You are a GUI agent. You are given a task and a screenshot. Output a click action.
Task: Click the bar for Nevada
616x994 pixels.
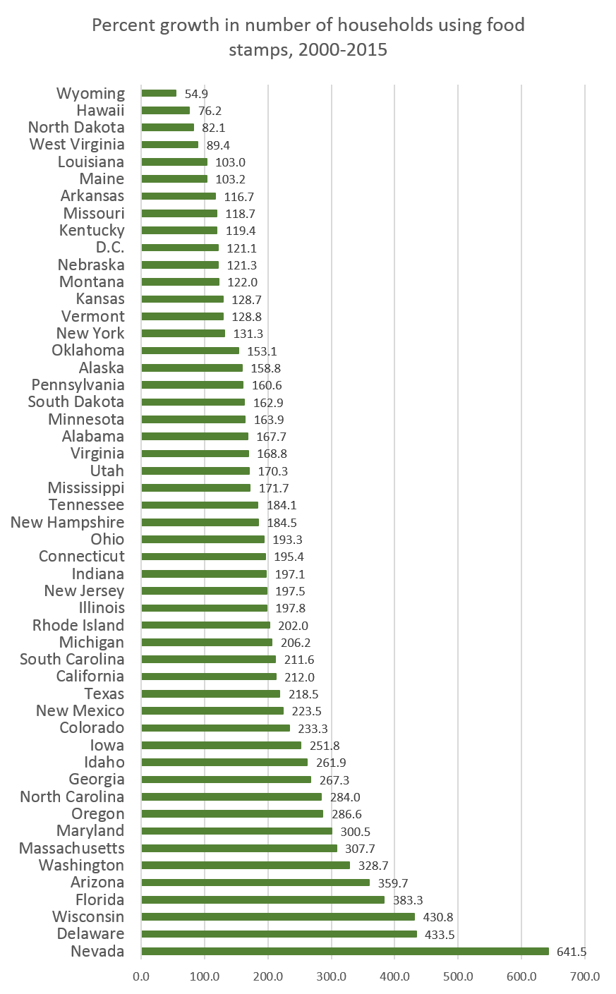coord(345,952)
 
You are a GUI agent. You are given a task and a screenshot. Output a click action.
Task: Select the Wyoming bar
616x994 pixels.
coord(159,93)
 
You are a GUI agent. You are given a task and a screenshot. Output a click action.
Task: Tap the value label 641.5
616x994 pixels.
coord(572,952)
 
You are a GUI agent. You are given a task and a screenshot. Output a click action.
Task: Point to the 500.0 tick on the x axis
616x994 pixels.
coord(458,976)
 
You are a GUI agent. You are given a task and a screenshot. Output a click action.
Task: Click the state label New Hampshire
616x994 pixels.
coord(68,522)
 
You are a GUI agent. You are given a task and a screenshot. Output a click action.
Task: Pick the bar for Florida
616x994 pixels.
coord(263,899)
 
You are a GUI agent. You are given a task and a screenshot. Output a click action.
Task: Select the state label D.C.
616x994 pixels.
coord(110,248)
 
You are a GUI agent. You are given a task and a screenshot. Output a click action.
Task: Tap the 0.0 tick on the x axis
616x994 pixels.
coord(142,976)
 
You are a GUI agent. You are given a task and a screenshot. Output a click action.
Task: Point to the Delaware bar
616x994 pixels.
coord(279,934)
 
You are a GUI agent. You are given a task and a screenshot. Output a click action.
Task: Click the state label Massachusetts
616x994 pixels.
coord(72,848)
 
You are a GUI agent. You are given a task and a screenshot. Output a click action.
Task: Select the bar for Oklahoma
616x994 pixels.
coord(191,351)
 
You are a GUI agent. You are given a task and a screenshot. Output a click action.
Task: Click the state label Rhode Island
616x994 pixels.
coord(78,625)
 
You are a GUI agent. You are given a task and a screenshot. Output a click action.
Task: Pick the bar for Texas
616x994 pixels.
coord(211,694)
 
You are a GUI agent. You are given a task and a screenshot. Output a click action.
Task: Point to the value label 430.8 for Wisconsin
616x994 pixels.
coord(438,917)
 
